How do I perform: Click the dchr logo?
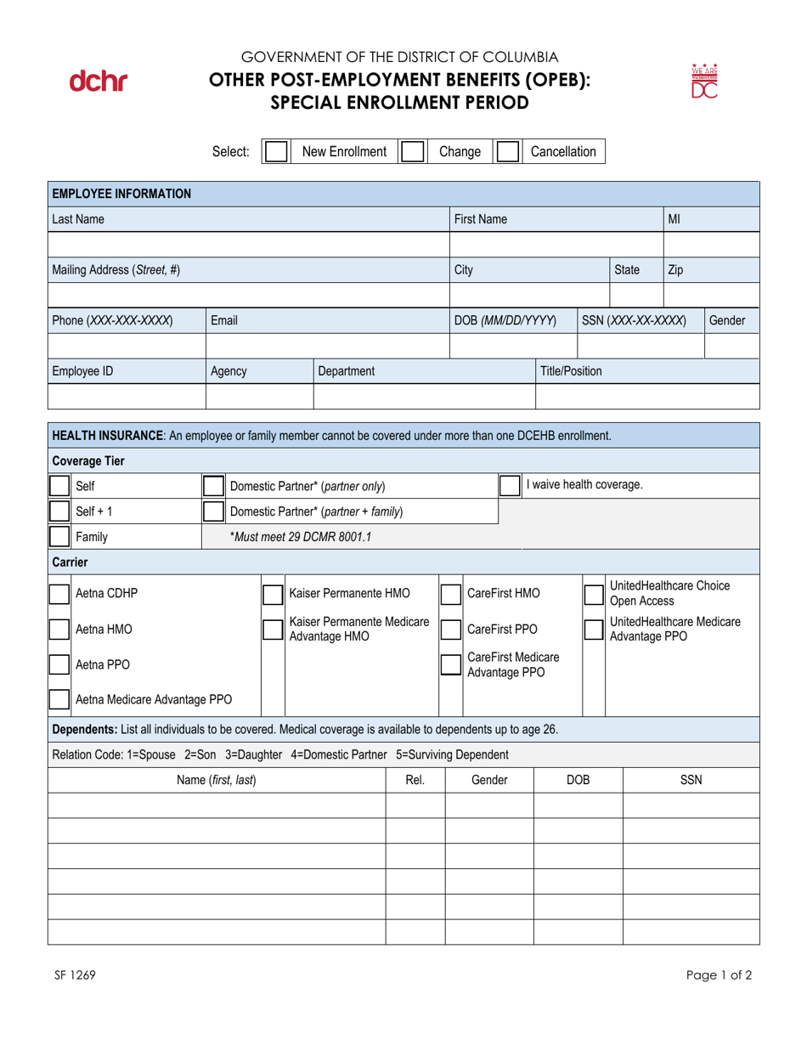point(98,82)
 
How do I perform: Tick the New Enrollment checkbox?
point(276,152)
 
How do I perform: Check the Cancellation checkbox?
point(507,152)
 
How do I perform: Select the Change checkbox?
point(412,152)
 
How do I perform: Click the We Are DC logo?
point(705,82)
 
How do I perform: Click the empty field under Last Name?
point(248,245)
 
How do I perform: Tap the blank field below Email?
point(327,346)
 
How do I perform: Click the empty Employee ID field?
point(127,397)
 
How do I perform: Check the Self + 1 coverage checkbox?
point(59,511)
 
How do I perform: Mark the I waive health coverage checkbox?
point(510,486)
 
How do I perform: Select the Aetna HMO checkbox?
point(59,630)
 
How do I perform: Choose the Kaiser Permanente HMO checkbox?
point(273,594)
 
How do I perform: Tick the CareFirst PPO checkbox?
point(450,630)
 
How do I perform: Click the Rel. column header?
point(415,780)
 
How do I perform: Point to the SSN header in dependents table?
point(691,780)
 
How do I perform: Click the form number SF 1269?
point(71,975)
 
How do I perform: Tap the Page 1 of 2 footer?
point(720,975)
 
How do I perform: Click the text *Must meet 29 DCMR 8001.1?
point(301,537)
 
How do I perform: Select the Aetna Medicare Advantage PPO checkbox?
point(59,700)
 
